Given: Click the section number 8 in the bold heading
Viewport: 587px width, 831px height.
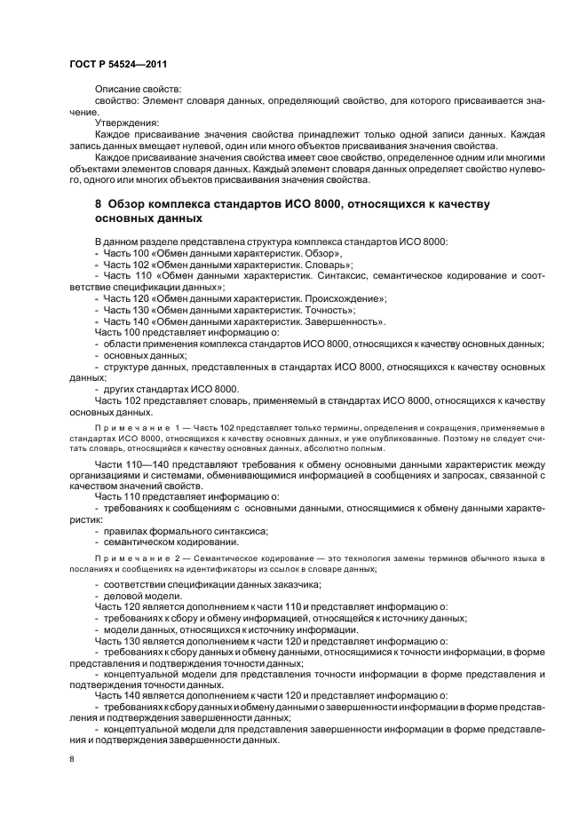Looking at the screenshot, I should (x=98, y=204).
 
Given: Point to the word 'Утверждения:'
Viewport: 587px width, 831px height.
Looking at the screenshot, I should (x=125, y=123).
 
